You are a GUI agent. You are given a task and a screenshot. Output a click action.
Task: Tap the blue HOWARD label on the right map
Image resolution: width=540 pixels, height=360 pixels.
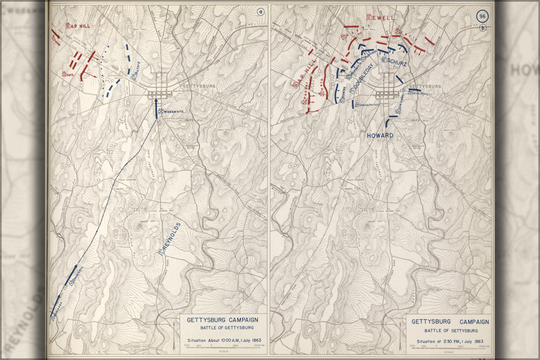point(380,135)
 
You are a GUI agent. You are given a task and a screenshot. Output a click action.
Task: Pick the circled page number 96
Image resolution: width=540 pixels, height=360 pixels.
point(482,17)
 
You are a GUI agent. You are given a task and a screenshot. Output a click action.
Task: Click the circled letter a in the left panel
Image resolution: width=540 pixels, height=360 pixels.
point(260,12)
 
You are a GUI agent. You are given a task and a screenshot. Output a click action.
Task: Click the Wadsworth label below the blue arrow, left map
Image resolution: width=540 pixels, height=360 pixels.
point(173,112)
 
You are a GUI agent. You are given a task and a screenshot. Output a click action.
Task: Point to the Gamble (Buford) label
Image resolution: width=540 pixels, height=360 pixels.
point(369,105)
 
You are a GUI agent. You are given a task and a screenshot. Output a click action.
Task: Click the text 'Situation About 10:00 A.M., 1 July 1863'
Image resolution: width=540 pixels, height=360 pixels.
point(224,340)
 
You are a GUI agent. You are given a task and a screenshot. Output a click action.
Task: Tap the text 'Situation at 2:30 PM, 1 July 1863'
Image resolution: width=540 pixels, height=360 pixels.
point(450,341)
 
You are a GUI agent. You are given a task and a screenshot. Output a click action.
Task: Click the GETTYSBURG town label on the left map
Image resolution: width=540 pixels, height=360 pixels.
point(199,86)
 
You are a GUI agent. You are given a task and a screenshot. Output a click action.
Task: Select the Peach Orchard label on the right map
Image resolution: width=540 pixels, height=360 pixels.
point(355,180)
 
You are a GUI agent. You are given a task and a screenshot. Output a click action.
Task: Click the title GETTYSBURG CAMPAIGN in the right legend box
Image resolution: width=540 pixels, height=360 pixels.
point(450,322)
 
